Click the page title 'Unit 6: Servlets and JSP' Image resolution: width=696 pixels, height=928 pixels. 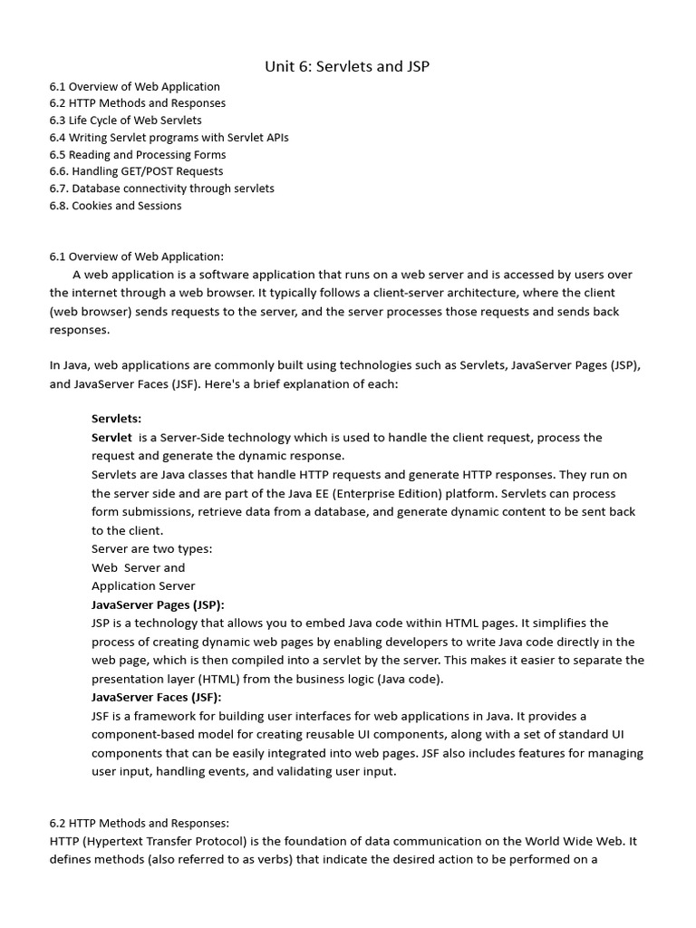coord(347,66)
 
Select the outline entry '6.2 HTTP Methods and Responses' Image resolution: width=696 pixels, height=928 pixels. coord(137,103)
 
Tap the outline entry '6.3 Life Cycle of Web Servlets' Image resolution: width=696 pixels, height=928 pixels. coord(125,121)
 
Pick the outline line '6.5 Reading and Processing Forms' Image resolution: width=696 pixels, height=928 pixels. coord(137,155)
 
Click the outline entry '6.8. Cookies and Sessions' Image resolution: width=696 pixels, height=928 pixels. coord(115,206)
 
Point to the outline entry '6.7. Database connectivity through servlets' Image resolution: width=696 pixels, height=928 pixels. coord(161,188)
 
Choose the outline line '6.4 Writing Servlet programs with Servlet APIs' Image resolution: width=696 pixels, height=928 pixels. coord(169,138)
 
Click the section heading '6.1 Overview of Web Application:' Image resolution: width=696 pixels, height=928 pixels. coord(136,256)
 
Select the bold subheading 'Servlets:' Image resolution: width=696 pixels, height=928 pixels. coord(116,419)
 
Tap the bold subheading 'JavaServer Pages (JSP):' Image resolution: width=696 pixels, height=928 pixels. coord(158,604)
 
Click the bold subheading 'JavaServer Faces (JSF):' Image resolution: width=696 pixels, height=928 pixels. coord(156,697)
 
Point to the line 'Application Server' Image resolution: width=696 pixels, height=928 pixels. coord(143,585)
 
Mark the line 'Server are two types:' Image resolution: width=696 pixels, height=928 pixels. coord(152,548)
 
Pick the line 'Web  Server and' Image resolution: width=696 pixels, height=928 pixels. coord(138,567)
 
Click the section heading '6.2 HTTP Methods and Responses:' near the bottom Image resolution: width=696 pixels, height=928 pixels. coord(140,823)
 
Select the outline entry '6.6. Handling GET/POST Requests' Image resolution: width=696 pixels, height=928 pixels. coord(136,171)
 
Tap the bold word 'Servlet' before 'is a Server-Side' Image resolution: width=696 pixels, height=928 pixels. coord(111,438)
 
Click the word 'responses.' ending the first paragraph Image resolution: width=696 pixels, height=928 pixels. coord(79,331)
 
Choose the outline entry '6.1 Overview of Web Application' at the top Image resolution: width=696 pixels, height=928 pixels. coord(135,87)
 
